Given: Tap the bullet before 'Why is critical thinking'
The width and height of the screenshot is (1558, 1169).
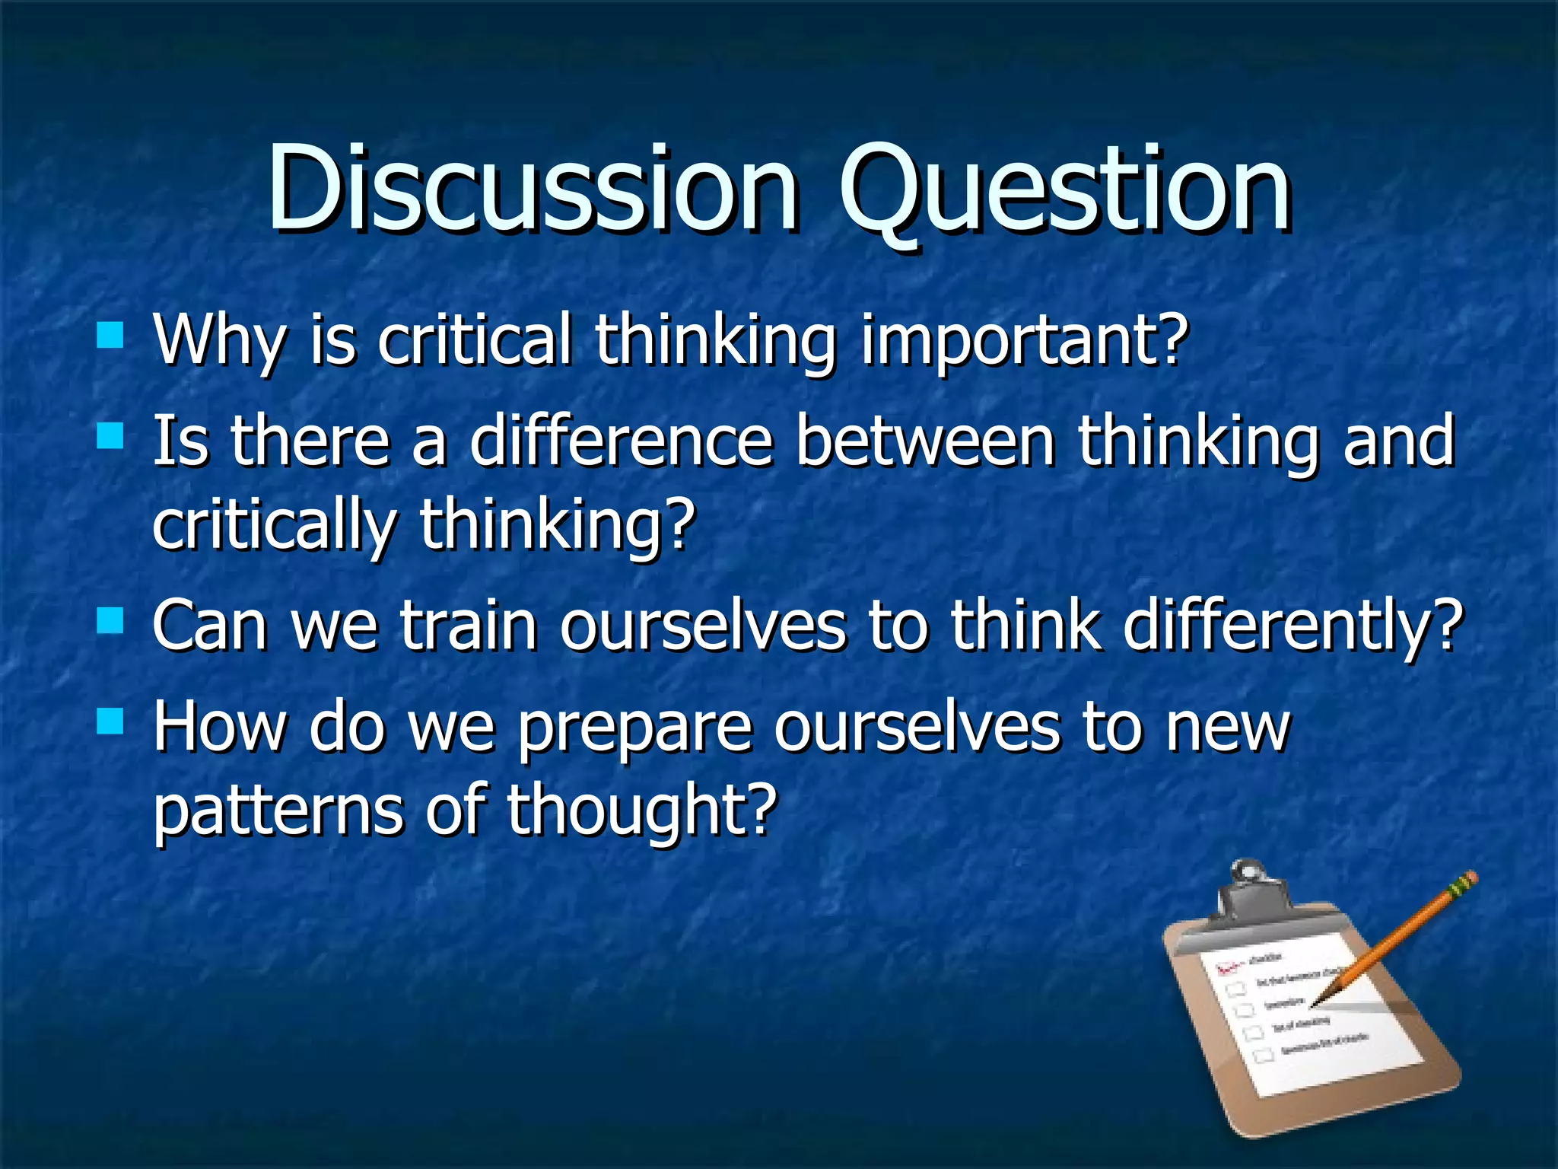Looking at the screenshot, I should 110,335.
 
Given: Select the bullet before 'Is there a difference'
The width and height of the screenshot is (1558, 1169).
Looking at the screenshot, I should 110,437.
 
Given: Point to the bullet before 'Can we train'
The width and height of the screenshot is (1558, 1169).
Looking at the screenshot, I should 110,620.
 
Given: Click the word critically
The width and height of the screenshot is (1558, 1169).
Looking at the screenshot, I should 274,527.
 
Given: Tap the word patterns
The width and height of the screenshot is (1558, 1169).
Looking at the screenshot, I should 278,813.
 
